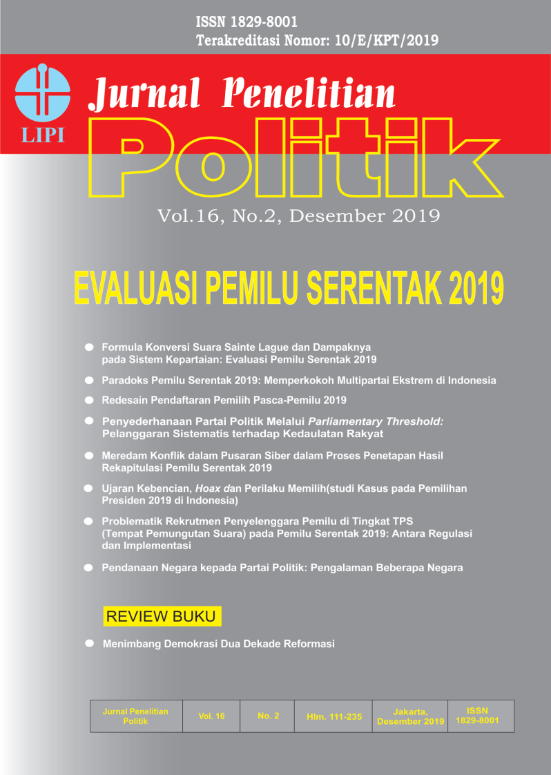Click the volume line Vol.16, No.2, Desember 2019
(298, 216)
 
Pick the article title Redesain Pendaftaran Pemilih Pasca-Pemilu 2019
(224, 400)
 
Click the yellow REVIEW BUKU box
(162, 616)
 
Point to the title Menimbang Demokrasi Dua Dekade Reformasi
(218, 644)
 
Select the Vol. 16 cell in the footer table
(211, 716)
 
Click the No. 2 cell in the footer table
(268, 716)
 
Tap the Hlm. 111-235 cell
(334, 716)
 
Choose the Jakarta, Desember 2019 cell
(410, 716)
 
